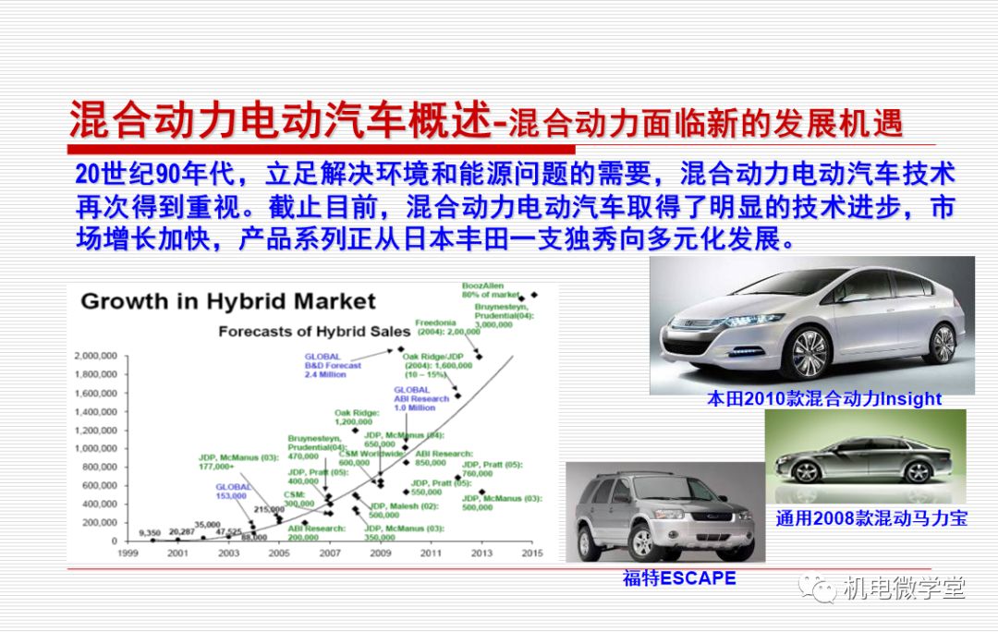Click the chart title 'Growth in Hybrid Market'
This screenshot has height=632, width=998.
[228, 301]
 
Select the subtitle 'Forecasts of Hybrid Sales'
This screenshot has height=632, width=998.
[314, 331]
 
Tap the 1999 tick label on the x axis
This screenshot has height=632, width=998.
[128, 553]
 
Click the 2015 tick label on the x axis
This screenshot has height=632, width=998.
[531, 553]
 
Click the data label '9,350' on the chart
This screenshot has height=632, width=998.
[150, 532]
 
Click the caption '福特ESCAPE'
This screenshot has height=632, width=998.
[679, 578]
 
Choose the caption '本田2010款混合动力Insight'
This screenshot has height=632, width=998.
[823, 399]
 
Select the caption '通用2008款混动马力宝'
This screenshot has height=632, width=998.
[870, 518]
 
